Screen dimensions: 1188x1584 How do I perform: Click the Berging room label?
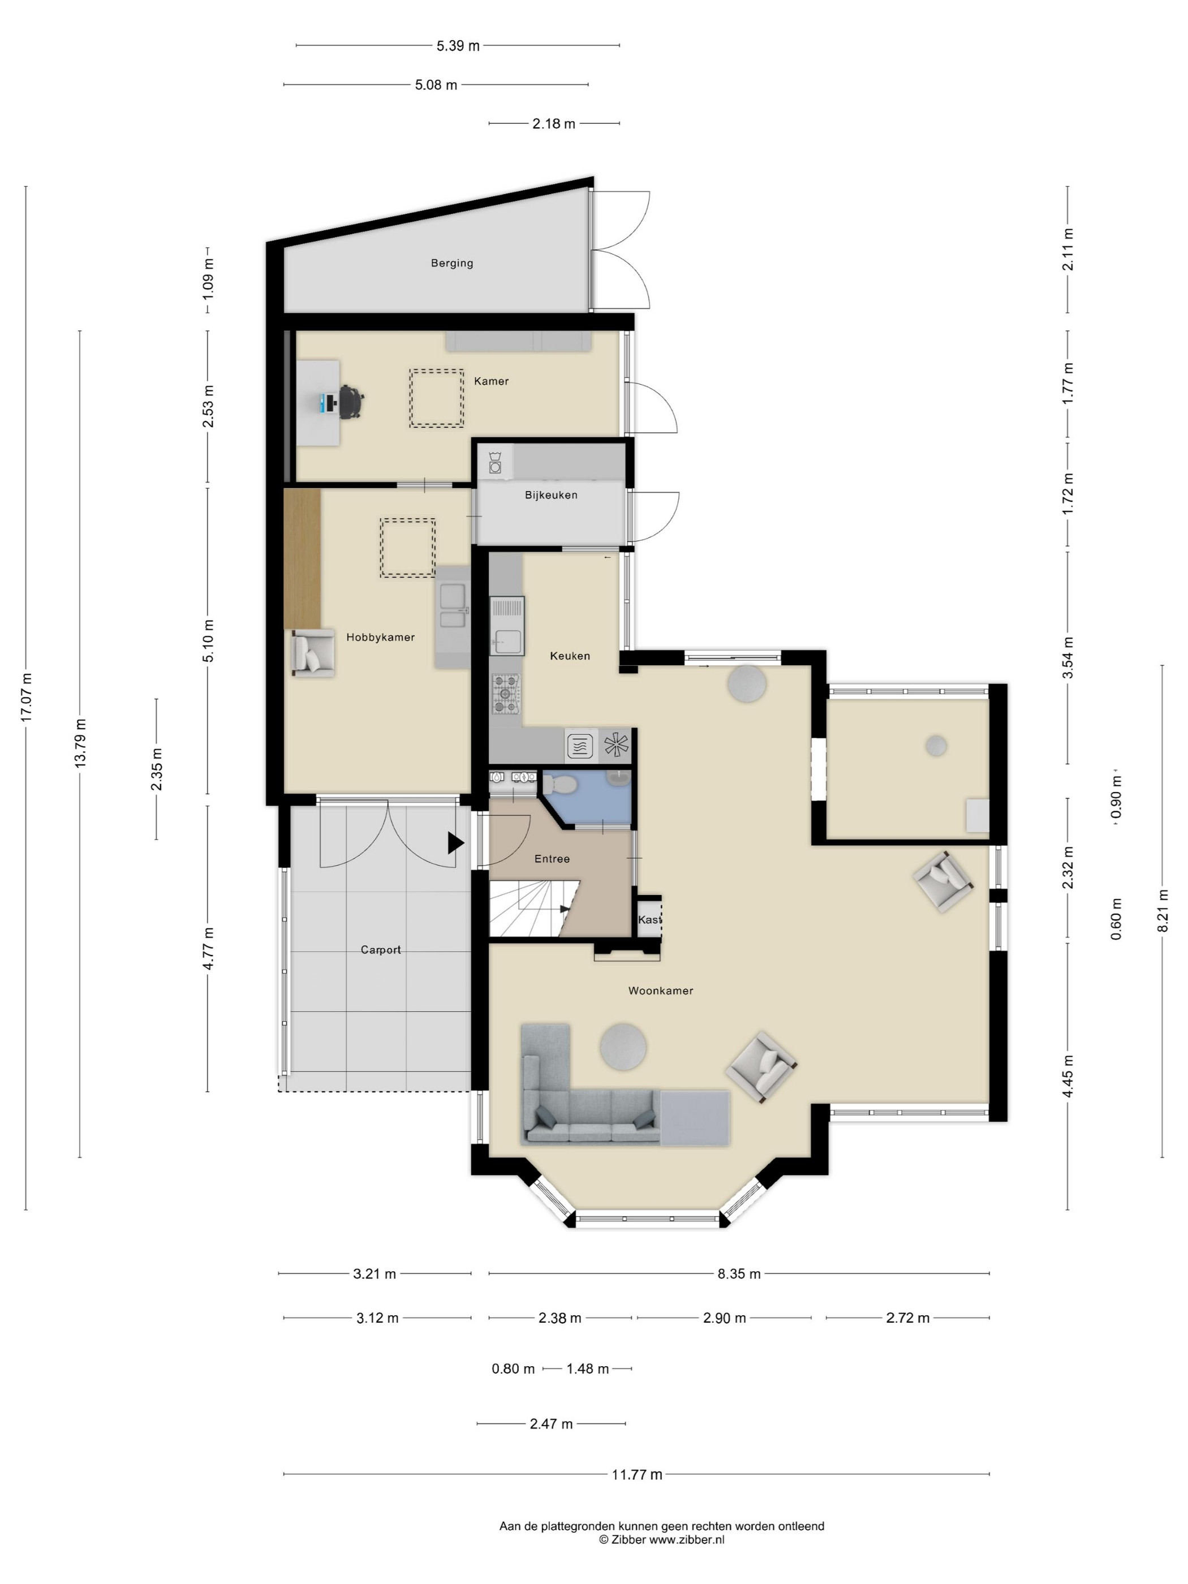click(452, 263)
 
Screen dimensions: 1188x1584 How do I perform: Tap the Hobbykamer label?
click(380, 638)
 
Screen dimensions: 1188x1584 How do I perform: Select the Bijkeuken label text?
click(550, 495)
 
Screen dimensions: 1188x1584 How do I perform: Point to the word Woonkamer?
click(660, 991)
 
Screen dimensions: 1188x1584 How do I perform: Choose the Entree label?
click(552, 859)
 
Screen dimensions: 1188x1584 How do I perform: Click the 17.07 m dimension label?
click(26, 697)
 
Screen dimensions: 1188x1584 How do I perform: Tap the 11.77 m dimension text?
click(636, 1474)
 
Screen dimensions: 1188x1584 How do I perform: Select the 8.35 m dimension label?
click(739, 1274)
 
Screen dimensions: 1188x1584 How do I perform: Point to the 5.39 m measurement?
click(458, 46)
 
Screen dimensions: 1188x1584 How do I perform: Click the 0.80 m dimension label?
click(513, 1368)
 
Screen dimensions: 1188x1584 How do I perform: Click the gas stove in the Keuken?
click(506, 694)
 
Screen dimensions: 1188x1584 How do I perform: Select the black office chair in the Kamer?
click(351, 401)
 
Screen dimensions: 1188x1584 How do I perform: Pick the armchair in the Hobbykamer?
click(312, 652)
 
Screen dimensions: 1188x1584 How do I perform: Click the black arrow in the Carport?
click(455, 843)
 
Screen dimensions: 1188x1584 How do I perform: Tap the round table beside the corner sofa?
click(623, 1047)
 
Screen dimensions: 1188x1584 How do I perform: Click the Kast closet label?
click(649, 919)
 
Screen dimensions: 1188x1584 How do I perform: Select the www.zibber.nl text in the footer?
click(687, 1539)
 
